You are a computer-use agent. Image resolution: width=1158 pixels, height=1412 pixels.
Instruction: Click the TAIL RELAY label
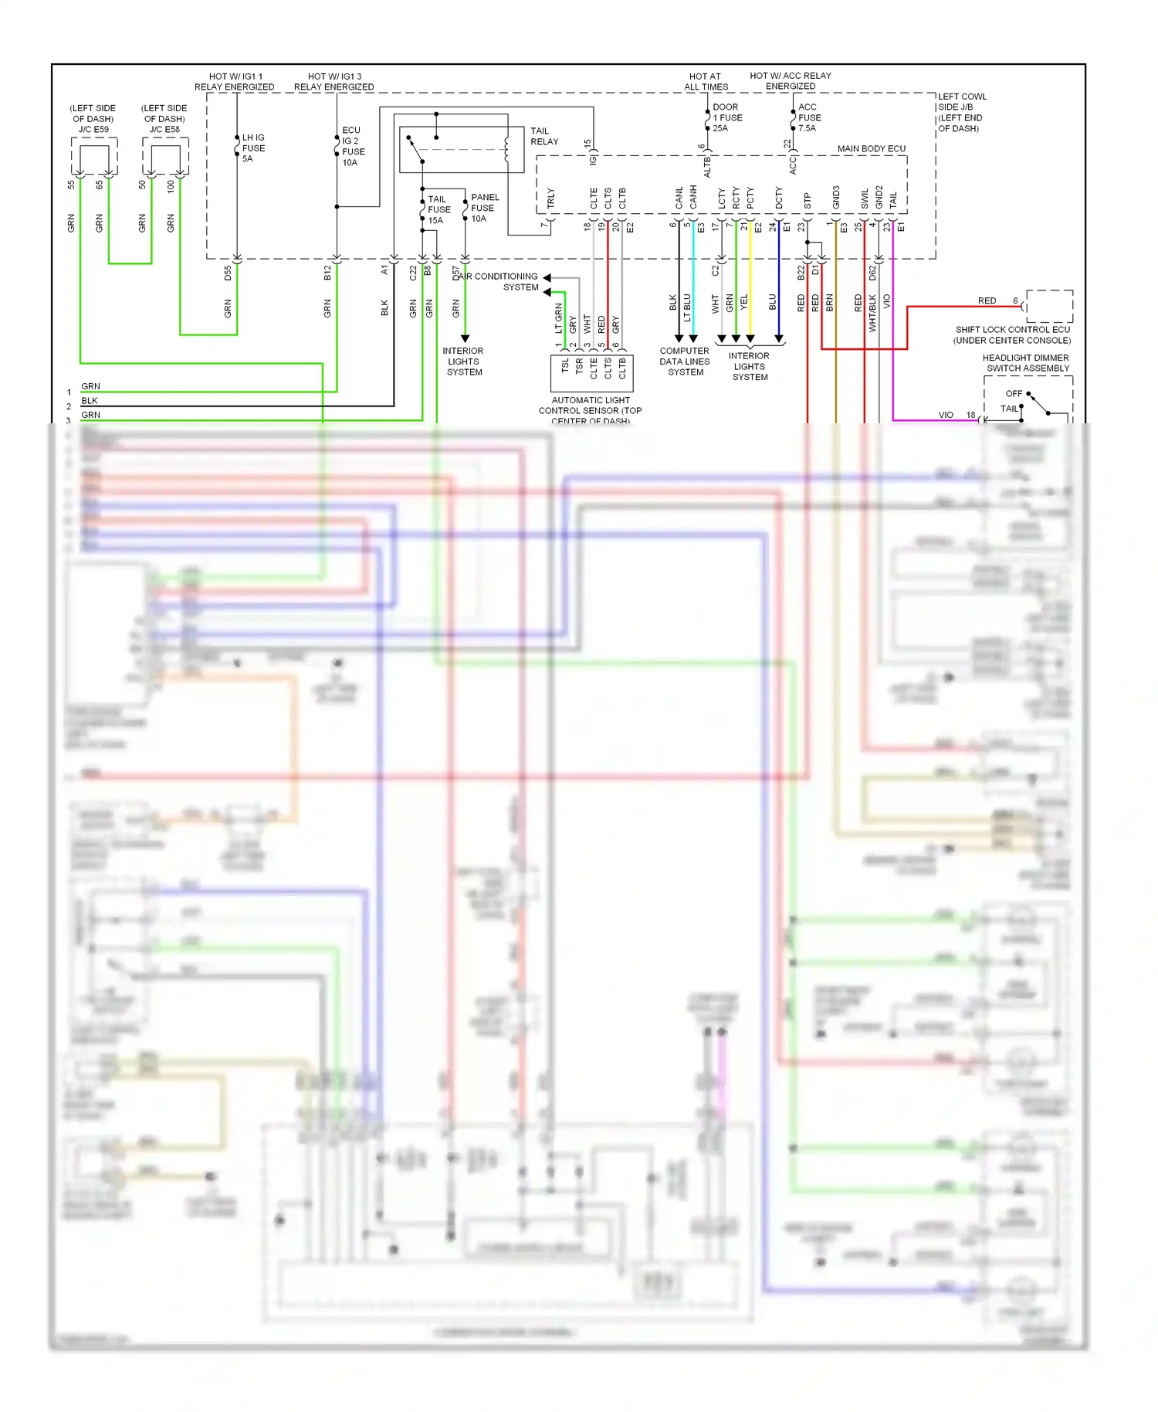pyautogui.click(x=543, y=136)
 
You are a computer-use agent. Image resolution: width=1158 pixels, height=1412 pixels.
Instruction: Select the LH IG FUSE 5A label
pyautogui.click(x=253, y=148)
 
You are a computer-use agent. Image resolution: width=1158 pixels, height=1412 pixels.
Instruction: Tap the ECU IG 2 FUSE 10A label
pyautogui.click(x=353, y=147)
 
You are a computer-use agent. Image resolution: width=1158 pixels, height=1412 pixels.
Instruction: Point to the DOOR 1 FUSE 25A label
pyautogui.click(x=726, y=117)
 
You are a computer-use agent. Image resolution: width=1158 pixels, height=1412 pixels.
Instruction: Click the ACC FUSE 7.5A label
pyautogui.click(x=809, y=117)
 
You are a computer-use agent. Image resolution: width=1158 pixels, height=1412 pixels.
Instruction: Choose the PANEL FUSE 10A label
pyautogui.click(x=484, y=208)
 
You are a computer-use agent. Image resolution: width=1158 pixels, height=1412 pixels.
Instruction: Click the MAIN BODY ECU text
pyautogui.click(x=871, y=148)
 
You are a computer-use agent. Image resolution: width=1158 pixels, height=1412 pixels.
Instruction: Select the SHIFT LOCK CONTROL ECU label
pyautogui.click(x=1012, y=334)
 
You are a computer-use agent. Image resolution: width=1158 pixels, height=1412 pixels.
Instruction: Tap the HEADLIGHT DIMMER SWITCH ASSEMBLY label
pyautogui.click(x=1026, y=363)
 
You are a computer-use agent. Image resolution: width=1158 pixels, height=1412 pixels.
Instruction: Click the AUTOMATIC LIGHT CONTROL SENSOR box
pyautogui.click(x=591, y=373)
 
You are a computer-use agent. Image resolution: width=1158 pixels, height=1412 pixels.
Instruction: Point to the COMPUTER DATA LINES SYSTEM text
pyautogui.click(x=685, y=361)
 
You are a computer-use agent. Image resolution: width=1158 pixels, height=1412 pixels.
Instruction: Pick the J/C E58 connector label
pyautogui.click(x=164, y=129)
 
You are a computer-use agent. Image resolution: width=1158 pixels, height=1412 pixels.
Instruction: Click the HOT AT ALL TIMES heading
pyautogui.click(x=705, y=81)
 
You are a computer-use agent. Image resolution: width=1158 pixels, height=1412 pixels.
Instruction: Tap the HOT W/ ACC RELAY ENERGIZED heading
pyautogui.click(x=790, y=80)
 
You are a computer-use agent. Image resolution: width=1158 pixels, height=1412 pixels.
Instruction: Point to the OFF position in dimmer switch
pyautogui.click(x=1013, y=393)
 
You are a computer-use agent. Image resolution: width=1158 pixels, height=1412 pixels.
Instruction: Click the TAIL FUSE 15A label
pyautogui.click(x=438, y=209)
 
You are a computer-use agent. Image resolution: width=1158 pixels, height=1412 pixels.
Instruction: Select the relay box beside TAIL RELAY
pyautogui.click(x=461, y=150)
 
